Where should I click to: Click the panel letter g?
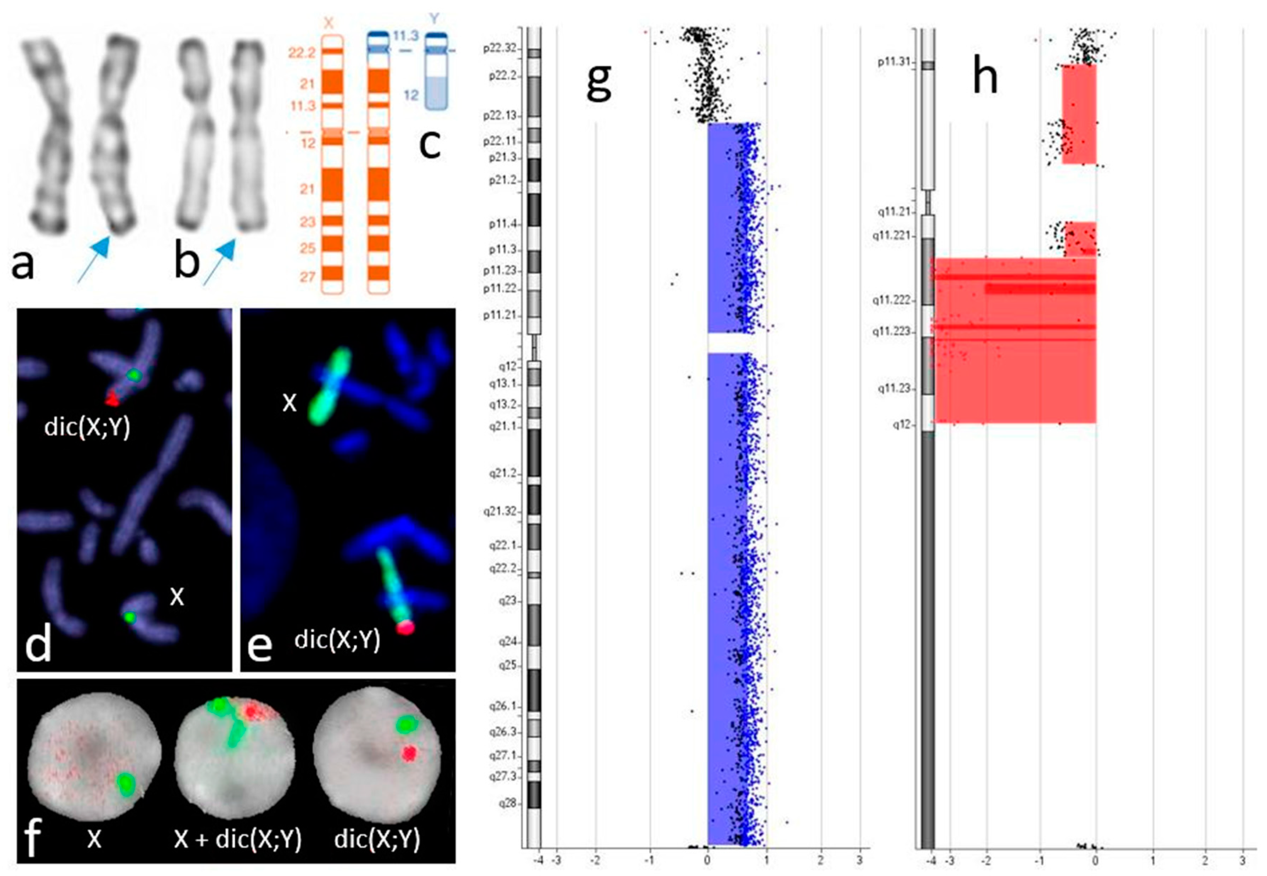tap(599, 82)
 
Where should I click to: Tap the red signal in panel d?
tap(112, 399)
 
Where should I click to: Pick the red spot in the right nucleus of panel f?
tap(409, 753)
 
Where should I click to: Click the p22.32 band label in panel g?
tap(499, 48)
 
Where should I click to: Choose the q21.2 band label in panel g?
tap(504, 473)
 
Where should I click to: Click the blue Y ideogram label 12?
tap(411, 95)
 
